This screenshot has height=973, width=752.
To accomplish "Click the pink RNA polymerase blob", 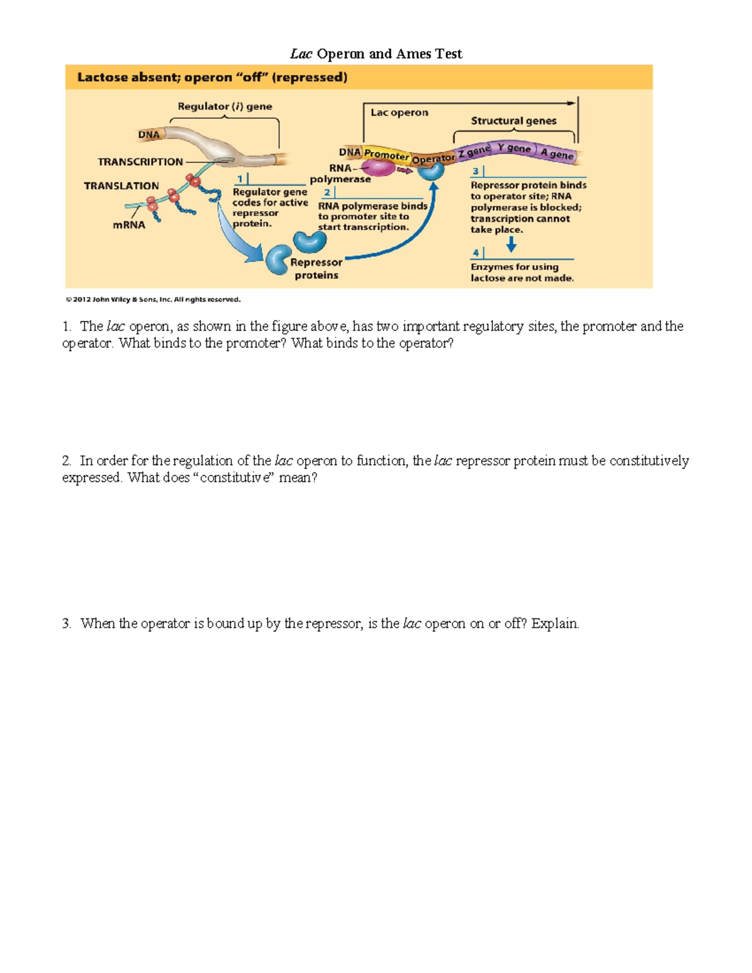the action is click(x=377, y=167).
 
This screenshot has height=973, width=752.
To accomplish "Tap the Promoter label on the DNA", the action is click(x=386, y=154).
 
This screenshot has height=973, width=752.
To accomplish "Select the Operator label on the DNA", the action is click(x=433, y=159).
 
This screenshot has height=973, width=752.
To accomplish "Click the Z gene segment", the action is click(x=474, y=151).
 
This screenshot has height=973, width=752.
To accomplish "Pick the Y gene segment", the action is click(x=514, y=148).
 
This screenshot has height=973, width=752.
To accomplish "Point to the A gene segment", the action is click(x=556, y=153).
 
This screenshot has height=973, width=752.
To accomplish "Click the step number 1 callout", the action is click(x=240, y=179).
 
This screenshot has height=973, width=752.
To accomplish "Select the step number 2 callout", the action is click(x=326, y=192).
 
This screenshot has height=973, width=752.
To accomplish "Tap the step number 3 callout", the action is click(x=476, y=171).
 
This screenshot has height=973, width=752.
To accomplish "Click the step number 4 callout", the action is click(x=476, y=252).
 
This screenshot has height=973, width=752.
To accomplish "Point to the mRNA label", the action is click(x=128, y=225).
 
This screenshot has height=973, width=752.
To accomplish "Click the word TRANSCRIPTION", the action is click(x=140, y=162).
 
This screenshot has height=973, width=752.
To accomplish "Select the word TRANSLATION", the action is click(x=122, y=186).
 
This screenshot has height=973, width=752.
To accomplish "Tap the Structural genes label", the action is click(x=513, y=121).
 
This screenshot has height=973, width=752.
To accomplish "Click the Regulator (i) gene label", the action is click(x=224, y=107).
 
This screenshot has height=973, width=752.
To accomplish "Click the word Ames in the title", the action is click(x=414, y=54).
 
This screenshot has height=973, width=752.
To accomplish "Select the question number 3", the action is click(x=66, y=623).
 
